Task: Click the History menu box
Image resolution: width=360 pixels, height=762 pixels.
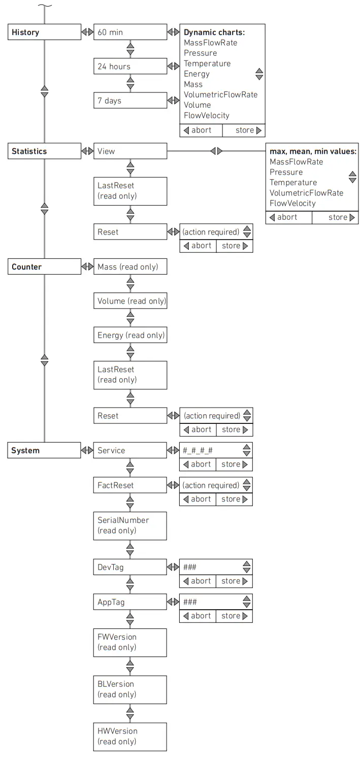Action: (44, 32)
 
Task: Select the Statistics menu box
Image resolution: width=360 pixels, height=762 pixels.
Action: (44, 151)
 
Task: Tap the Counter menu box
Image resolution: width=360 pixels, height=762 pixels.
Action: (44, 267)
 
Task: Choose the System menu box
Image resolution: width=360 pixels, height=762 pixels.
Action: (44, 450)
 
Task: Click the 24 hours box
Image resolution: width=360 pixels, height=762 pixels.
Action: (130, 66)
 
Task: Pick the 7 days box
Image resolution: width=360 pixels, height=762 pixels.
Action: (130, 100)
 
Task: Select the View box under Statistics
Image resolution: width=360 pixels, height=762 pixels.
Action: (130, 151)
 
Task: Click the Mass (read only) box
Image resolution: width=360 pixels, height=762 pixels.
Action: (130, 267)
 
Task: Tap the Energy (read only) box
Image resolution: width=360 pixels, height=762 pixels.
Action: (130, 335)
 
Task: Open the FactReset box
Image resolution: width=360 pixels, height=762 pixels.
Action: (130, 485)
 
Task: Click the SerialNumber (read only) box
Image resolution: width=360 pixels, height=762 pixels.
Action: (130, 525)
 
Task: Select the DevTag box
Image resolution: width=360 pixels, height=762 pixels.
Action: (130, 567)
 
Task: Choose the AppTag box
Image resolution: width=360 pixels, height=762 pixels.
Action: (130, 602)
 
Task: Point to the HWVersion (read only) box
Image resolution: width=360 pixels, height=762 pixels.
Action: (130, 736)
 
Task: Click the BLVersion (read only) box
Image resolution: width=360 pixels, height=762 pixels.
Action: (130, 689)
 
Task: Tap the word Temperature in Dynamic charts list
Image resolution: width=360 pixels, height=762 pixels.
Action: (207, 63)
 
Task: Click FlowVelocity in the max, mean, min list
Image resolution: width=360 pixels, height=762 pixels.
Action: (292, 203)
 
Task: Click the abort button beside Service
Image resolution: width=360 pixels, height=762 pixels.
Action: (198, 464)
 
